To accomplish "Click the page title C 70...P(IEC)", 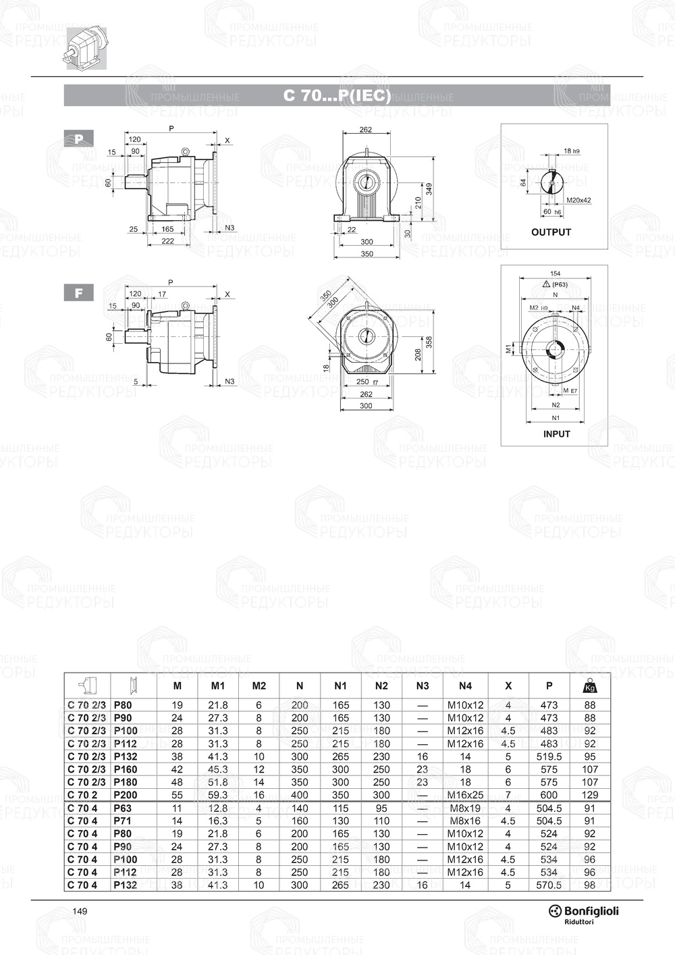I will click(337, 96).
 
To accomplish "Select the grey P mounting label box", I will click(79, 139).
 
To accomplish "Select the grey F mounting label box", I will click(79, 293).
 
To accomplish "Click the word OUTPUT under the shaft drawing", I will click(551, 232).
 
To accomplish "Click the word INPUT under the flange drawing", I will click(556, 434).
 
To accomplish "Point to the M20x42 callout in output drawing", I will click(578, 201).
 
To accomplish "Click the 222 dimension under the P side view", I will click(168, 241).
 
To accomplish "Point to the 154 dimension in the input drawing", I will click(555, 274).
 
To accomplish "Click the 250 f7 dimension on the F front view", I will click(366, 382).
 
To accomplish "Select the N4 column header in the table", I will click(465, 686).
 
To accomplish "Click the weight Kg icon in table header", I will click(590, 686).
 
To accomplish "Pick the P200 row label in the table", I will click(126, 795).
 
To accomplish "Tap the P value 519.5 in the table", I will click(549, 756).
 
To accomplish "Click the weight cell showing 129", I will click(590, 795).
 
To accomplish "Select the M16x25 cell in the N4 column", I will click(465, 795).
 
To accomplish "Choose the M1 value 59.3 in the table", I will click(217, 795).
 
